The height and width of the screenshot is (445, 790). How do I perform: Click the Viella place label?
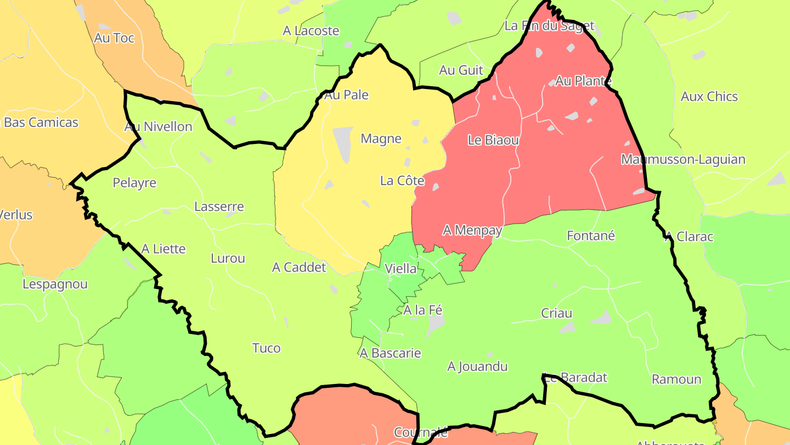(400, 269)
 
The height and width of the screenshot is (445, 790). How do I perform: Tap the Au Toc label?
(114, 38)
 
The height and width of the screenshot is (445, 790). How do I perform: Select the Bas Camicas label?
(41, 122)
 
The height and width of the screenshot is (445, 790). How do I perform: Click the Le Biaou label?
(493, 140)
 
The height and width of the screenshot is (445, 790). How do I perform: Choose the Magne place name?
(381, 138)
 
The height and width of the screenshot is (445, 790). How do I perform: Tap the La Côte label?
(402, 180)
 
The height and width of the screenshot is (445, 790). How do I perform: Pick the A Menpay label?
(472, 230)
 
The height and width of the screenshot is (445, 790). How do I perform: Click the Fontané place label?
(591, 236)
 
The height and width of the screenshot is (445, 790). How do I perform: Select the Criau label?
(557, 313)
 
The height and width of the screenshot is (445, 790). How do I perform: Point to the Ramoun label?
(676, 379)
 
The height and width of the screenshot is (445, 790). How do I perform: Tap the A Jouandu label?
(478, 366)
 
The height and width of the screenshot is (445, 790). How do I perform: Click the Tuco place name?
(267, 348)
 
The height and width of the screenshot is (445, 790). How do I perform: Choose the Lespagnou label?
(55, 284)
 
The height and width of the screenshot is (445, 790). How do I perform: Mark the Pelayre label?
(134, 182)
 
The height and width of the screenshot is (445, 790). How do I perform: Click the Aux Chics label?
(709, 96)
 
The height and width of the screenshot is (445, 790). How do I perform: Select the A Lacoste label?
(311, 31)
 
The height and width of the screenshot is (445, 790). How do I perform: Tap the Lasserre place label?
(219, 207)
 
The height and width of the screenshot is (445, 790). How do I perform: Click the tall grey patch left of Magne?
(343, 144)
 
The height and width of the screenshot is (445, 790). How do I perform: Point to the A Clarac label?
(689, 236)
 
